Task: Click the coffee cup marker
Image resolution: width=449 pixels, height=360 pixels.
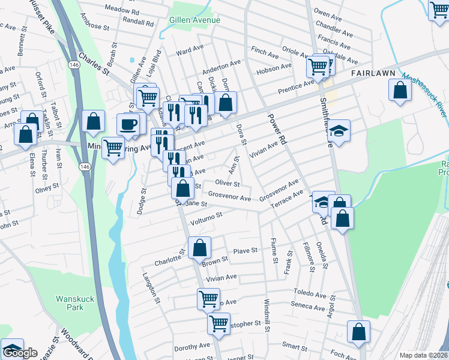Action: coord(130,124)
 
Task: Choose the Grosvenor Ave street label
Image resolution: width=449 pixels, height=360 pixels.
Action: coord(230,197)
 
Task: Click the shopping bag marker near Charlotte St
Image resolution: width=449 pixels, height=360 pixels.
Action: coord(199,248)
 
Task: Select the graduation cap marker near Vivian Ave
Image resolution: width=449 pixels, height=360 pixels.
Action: coord(339,131)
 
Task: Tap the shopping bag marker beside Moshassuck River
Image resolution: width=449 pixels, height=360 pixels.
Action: coord(400,91)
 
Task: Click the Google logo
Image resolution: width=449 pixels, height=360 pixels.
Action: coord(20,353)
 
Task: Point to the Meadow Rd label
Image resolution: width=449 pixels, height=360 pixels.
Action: coord(121,11)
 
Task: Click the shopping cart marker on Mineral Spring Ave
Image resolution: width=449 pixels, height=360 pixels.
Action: coord(113,147)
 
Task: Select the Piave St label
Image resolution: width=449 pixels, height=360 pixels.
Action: coord(245,250)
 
